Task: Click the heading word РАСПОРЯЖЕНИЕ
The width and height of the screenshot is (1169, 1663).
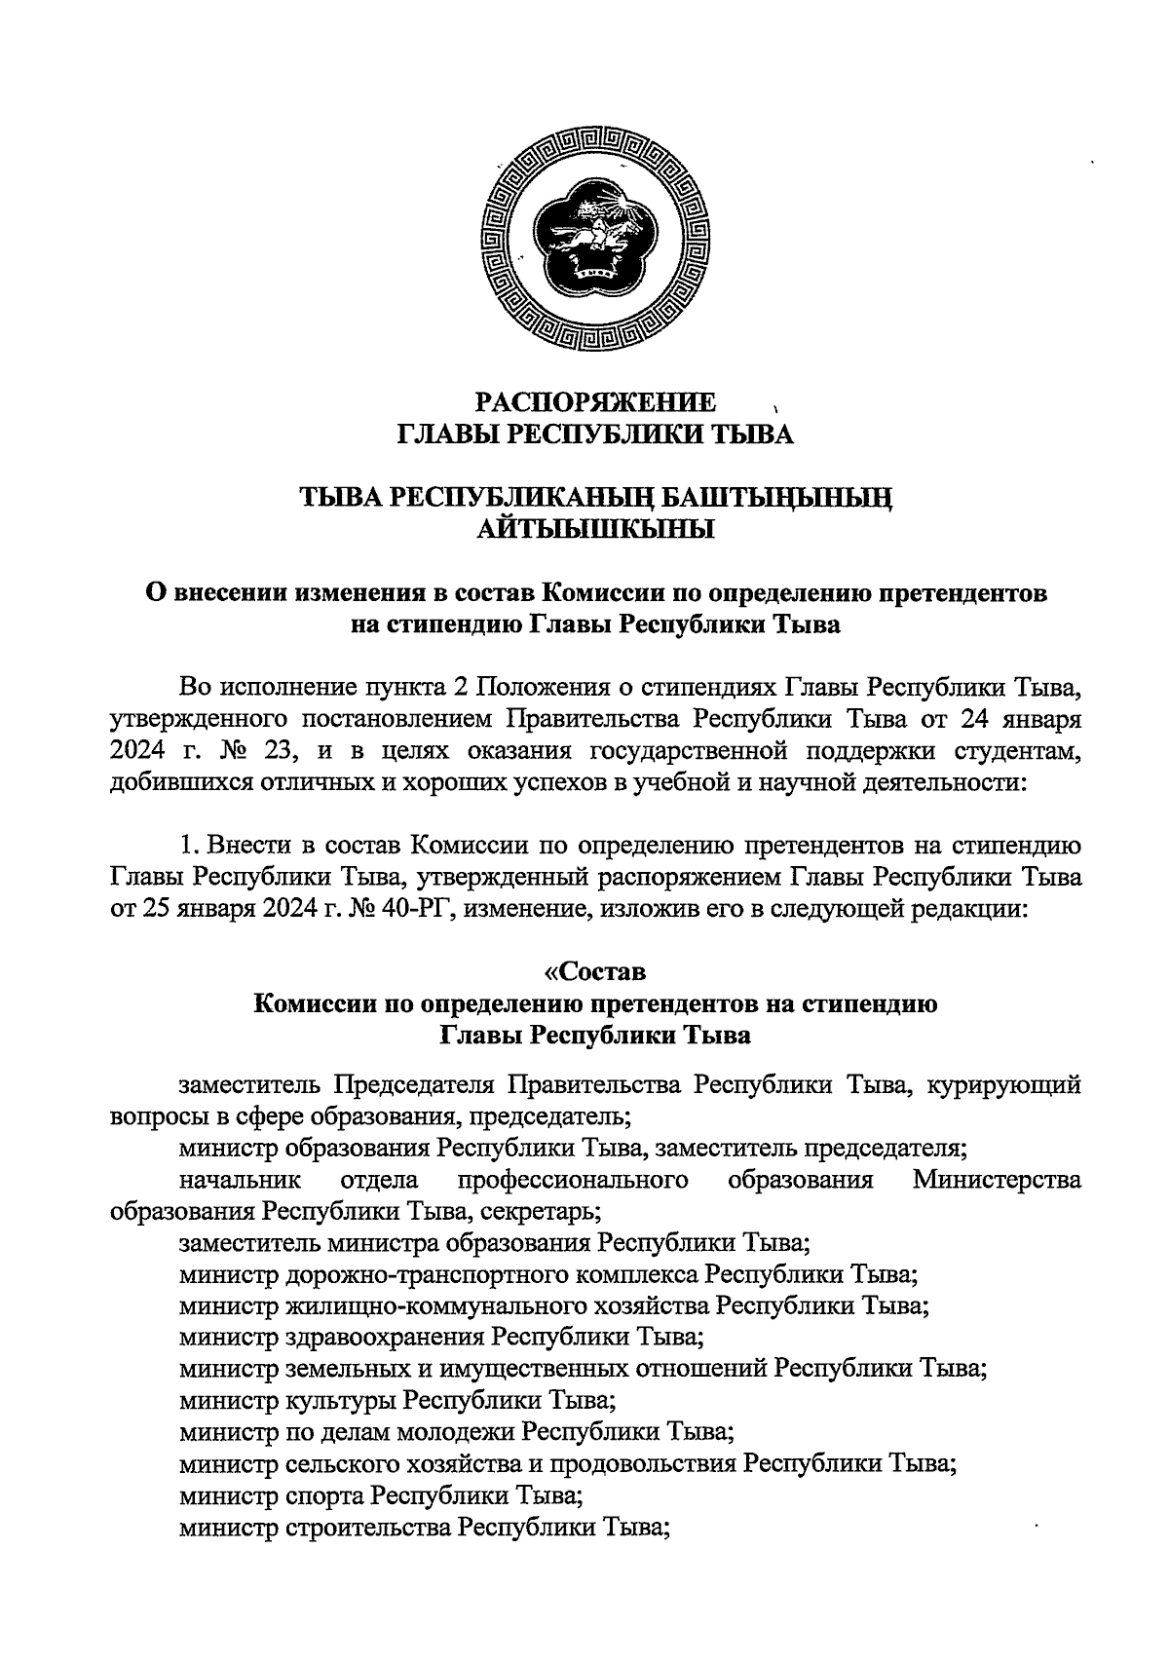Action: tap(595, 402)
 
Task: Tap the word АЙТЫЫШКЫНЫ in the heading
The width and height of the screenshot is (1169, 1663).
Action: tap(595, 530)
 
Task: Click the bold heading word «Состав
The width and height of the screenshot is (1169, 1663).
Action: tap(594, 972)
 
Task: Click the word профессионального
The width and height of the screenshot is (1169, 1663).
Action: tap(575, 1181)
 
